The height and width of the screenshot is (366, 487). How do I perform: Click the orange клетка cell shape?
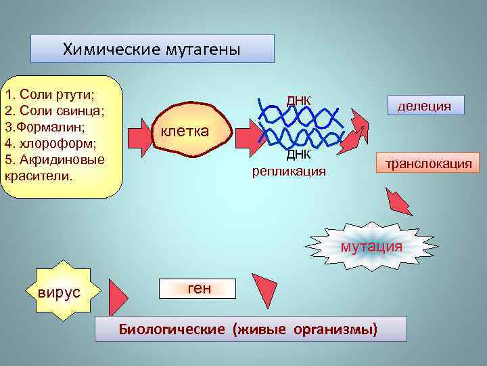[184, 129]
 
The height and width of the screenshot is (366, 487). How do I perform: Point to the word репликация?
[289, 171]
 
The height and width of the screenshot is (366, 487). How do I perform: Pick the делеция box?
[425, 105]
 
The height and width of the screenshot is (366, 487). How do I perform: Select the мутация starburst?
[371, 245]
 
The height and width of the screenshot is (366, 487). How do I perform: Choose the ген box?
[199, 288]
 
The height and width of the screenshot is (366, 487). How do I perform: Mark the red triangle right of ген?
[264, 289]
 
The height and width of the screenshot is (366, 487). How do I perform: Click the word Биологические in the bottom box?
[172, 329]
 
